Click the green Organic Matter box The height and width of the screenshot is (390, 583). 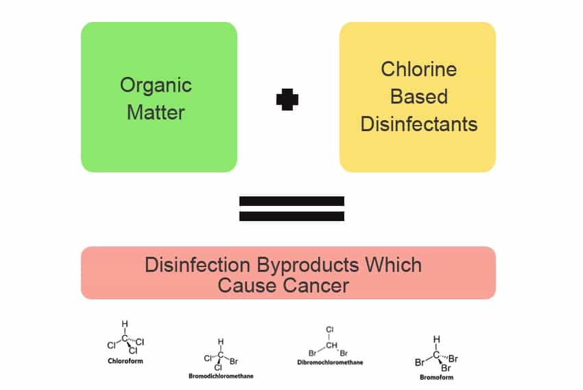(158, 97)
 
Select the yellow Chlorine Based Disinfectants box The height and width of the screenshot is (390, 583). (417, 97)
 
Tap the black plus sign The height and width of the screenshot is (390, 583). (287, 100)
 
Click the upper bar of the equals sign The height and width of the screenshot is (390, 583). (291, 201)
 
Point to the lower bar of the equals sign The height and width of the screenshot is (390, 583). (291, 216)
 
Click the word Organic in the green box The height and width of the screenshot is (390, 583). (156, 85)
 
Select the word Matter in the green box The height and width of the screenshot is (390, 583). (156, 112)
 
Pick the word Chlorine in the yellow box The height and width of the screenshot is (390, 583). (418, 69)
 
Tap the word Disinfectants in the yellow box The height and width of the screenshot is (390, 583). (418, 124)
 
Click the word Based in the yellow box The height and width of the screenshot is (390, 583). (418, 97)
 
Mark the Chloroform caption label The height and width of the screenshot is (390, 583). (125, 360)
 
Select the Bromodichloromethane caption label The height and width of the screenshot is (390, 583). (221, 376)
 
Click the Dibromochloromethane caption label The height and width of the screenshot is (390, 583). (330, 362)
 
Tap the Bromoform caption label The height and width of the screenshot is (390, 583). (436, 377)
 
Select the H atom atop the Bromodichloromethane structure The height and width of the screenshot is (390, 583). (221, 341)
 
